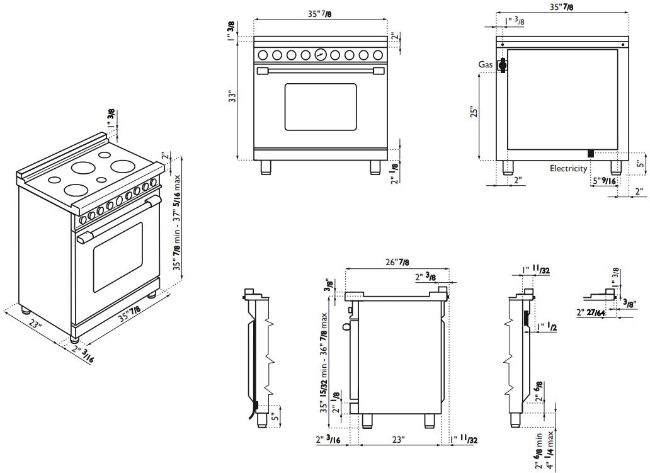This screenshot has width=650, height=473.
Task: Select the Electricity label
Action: (x=568, y=168)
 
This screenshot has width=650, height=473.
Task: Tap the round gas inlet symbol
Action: (x=503, y=65)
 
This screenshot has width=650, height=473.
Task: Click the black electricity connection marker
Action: (x=591, y=153)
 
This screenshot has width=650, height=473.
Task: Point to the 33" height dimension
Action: (x=232, y=97)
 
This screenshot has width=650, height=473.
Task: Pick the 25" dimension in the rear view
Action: (x=475, y=111)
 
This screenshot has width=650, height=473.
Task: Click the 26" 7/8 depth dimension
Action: (x=397, y=262)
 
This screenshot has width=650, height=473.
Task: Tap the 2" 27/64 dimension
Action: (x=591, y=312)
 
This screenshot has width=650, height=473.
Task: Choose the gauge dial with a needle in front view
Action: (x=320, y=55)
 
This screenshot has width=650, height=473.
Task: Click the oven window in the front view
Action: (x=320, y=106)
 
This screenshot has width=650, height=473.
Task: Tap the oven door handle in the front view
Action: (x=320, y=70)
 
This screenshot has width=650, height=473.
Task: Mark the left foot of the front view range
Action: (x=266, y=167)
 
